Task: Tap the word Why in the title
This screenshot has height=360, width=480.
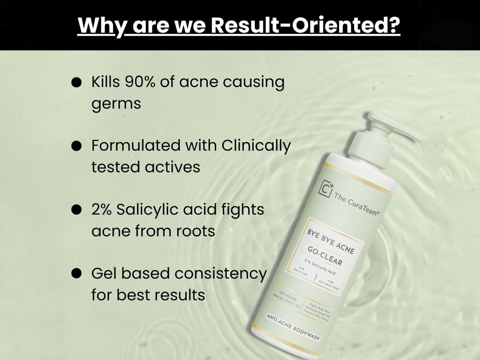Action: pos(100,25)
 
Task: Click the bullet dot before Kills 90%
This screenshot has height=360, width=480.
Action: pos(76,83)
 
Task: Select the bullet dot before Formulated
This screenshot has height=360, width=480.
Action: pos(76,146)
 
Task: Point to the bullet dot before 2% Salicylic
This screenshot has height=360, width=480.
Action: pos(76,210)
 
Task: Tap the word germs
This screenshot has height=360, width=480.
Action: pos(116,104)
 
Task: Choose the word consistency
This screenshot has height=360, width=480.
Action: pos(220,273)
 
